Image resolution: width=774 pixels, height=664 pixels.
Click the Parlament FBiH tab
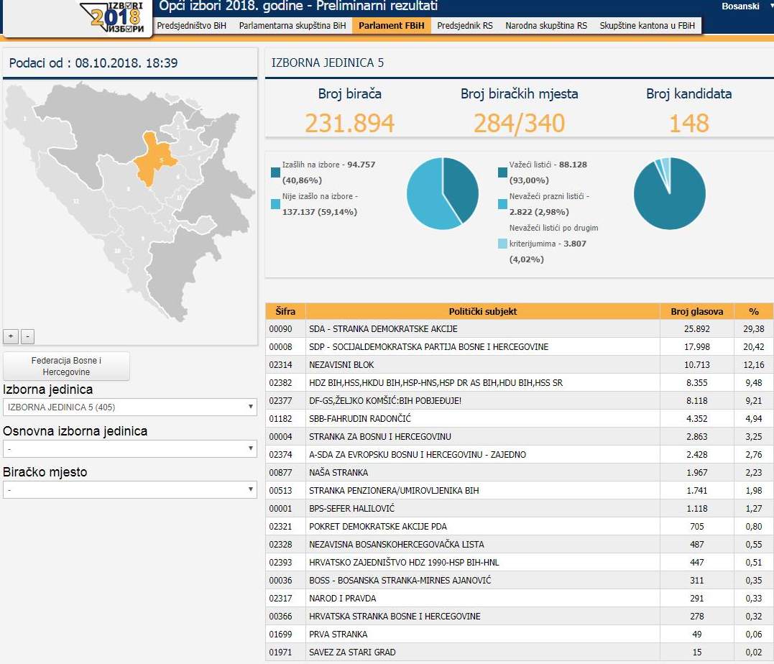click(392, 25)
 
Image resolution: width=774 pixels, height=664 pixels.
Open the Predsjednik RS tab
click(465, 25)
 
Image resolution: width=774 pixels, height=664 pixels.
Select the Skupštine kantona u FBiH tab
click(647, 25)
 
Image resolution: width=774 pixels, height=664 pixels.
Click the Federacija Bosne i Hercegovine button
click(66, 366)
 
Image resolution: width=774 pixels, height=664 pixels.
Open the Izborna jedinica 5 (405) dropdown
click(130, 407)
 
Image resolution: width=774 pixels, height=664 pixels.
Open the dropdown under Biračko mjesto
click(130, 490)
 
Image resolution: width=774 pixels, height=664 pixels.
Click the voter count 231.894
click(349, 123)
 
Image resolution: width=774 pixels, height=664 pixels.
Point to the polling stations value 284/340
click(519, 123)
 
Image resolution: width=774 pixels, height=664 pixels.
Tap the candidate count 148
click(688, 123)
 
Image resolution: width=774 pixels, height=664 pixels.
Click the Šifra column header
click(285, 312)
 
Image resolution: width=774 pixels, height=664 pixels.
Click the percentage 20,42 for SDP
click(754, 347)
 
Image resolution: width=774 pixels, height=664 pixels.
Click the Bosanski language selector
click(740, 6)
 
